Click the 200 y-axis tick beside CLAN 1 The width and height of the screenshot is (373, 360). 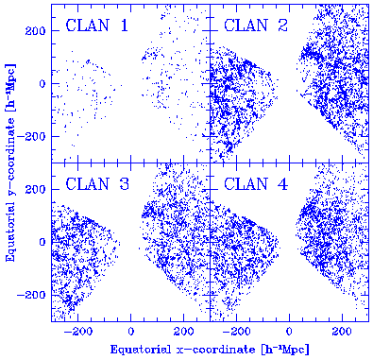click(38, 31)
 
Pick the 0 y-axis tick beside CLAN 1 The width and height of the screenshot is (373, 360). click(43, 83)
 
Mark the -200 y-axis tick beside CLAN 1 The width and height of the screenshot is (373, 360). click(35, 136)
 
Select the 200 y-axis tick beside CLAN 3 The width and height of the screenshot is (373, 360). click(38, 189)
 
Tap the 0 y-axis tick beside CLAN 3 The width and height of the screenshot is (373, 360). click(43, 242)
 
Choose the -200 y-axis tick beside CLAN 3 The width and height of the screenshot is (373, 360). click(35, 295)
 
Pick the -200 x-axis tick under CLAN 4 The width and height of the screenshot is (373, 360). click(235, 333)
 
